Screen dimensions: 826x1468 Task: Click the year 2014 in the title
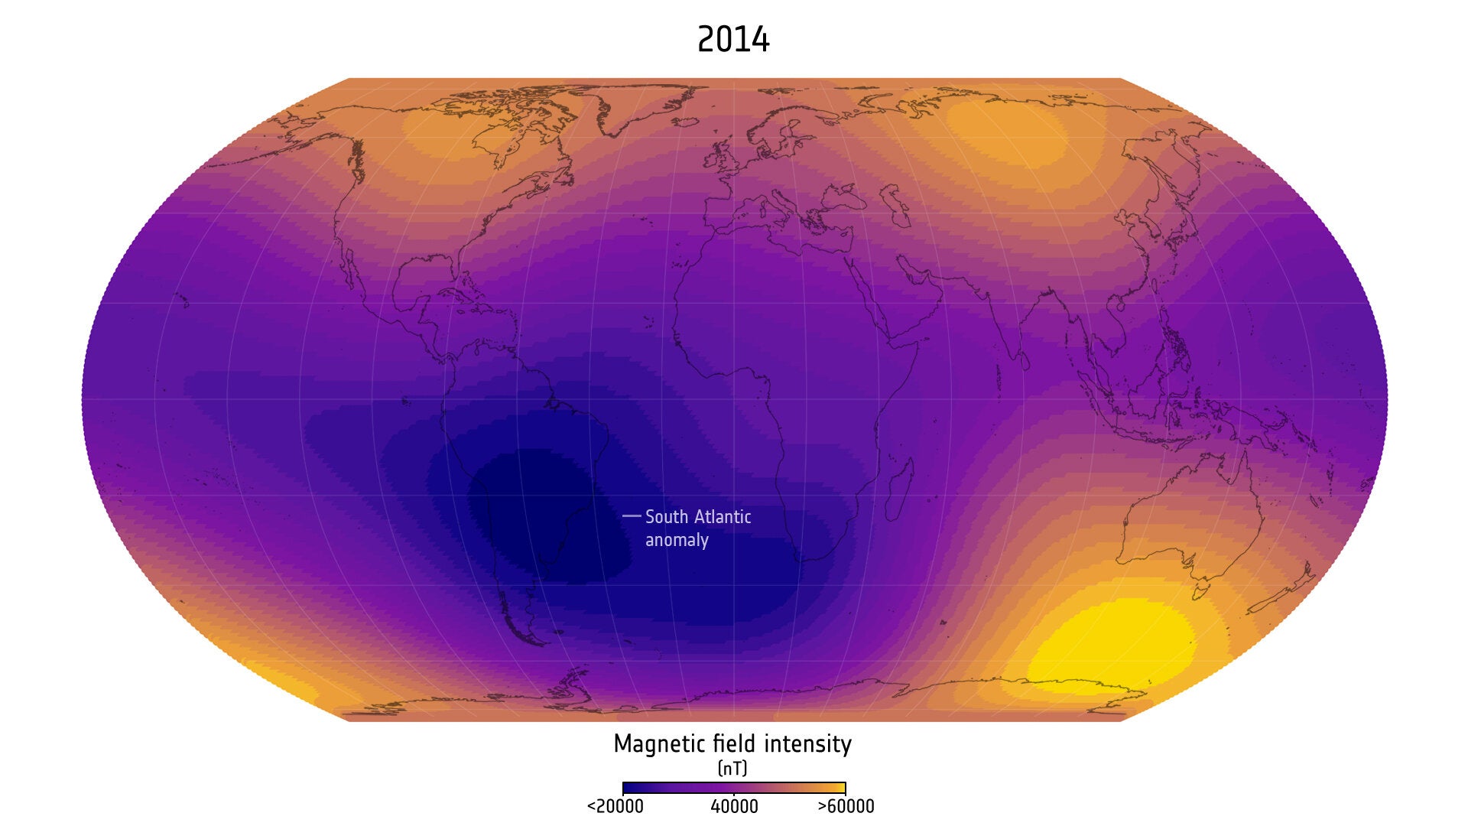coord(733,40)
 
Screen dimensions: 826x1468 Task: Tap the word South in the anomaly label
coord(667,517)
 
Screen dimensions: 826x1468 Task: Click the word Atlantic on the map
coord(721,517)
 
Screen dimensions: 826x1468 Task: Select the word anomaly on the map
coord(677,540)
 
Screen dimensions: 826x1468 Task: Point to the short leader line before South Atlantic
coord(632,516)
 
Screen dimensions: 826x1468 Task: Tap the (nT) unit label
coord(732,768)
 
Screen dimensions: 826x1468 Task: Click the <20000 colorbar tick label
coord(615,807)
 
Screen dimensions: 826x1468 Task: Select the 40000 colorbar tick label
coord(734,807)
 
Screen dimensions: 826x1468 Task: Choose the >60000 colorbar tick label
coord(846,807)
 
